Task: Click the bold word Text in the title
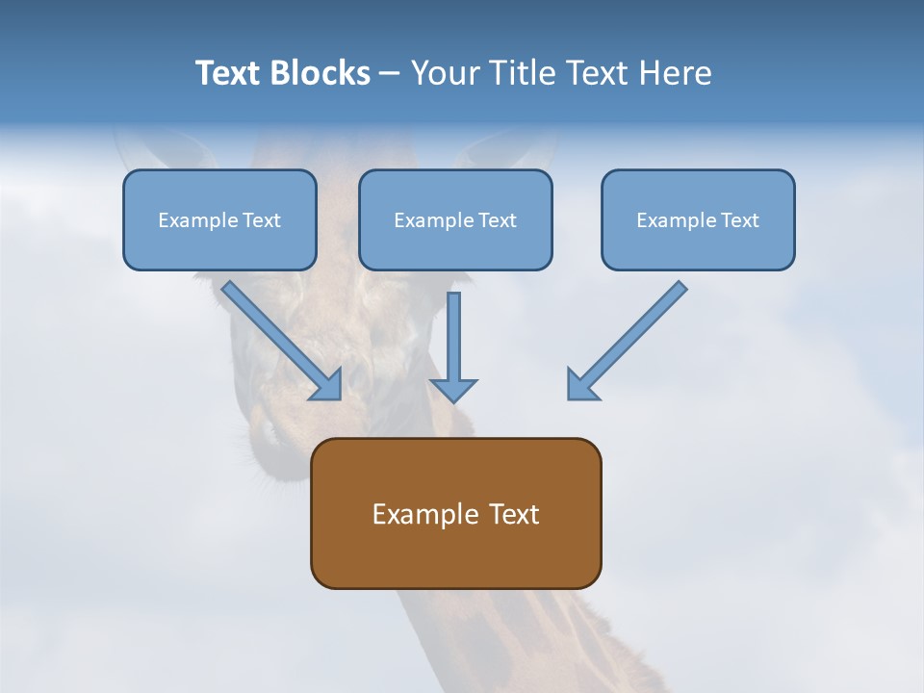228,73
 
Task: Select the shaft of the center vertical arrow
453,332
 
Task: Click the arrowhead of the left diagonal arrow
328,387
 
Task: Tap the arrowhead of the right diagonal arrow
579,386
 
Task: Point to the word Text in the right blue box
739,220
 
